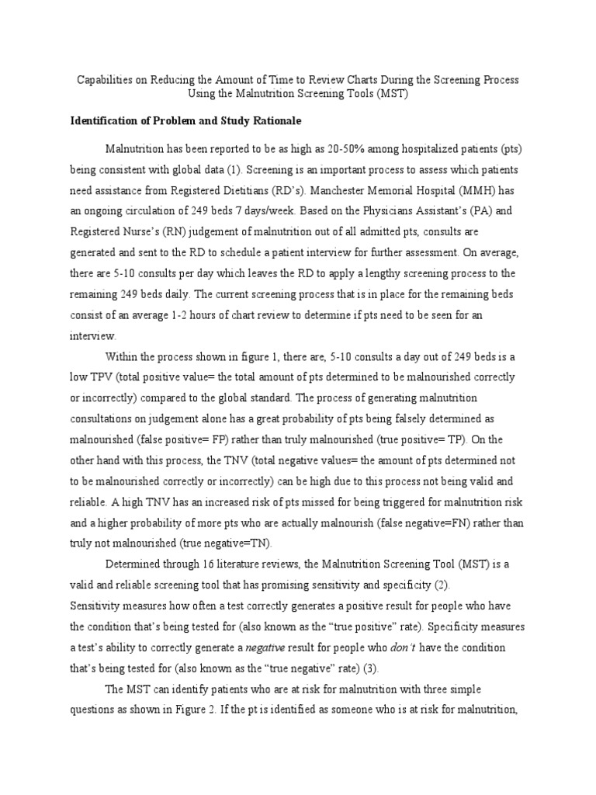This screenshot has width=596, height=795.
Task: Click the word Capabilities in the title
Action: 106,80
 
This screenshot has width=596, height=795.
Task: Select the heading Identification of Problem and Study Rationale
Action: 185,121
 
